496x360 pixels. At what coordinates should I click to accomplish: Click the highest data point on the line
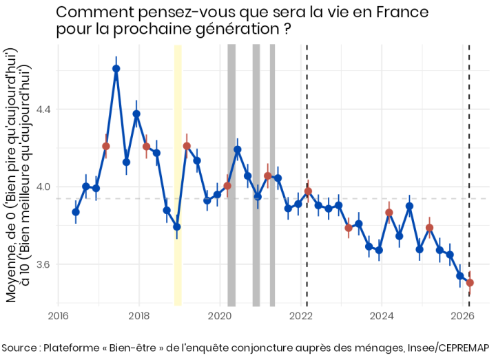[116, 68]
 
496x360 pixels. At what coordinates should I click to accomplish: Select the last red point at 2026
[470, 282]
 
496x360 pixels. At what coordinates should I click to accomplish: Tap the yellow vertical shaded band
[178, 172]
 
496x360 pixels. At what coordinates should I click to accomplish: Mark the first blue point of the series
[76, 212]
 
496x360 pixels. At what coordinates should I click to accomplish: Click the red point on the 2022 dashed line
[308, 191]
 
